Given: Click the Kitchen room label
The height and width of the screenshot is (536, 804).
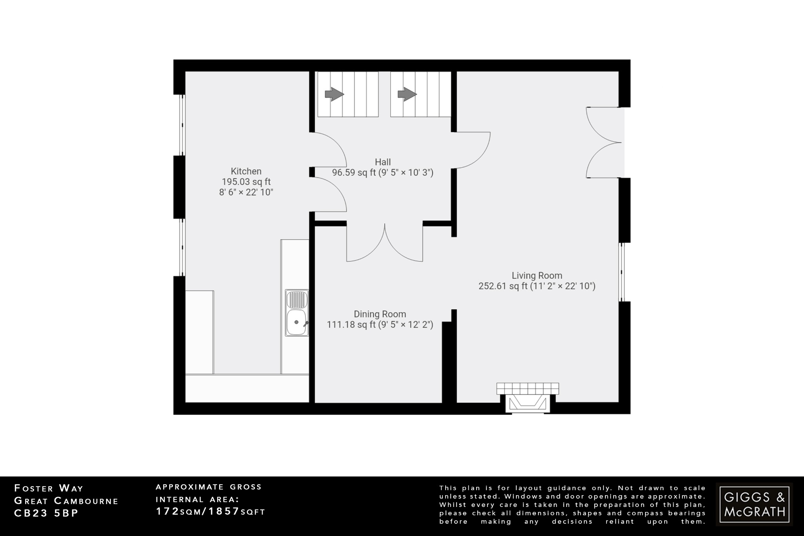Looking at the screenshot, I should coord(246,171).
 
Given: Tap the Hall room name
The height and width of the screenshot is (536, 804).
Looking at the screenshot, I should coord(383,162).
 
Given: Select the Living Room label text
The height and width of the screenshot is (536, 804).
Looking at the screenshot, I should coord(537,276).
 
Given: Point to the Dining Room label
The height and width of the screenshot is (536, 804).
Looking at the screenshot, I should coord(380,314).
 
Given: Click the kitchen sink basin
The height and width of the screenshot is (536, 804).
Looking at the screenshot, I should coord(296,322).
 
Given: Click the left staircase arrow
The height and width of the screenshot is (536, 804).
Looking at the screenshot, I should coord(334,94).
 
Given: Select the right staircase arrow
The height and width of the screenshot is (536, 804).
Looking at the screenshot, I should coord(407,94).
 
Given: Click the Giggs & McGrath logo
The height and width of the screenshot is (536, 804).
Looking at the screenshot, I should coord(754,505).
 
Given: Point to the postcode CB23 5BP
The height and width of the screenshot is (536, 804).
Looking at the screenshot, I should coord(46,513).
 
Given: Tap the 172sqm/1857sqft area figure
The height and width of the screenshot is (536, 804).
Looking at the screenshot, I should coord(210,512).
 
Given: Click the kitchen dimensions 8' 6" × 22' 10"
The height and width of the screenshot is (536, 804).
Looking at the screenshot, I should coord(246,192).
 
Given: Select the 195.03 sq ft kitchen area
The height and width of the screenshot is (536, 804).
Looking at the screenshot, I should coord(246,182).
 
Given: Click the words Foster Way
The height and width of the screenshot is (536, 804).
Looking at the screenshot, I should coord(49,488).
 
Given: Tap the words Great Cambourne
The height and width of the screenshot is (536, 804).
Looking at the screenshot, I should coord(66,501).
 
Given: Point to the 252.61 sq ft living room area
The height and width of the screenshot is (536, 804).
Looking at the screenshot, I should coord(502,286).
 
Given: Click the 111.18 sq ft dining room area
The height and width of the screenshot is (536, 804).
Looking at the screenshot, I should coord(351,325).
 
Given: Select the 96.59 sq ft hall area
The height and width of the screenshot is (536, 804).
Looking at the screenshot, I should coord(354,173).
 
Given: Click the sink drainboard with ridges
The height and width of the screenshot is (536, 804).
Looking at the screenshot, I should coord(297,299).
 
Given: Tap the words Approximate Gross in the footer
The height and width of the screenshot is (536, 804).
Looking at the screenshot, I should coord(208,487).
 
